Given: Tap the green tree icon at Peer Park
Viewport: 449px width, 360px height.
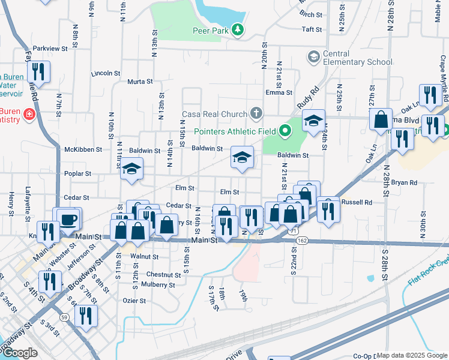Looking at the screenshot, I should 238,29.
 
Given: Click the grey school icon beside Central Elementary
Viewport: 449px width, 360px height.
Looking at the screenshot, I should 313,57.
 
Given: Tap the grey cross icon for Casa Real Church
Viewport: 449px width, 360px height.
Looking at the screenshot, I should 256,113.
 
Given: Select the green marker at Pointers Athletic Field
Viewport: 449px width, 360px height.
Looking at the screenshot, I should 286,130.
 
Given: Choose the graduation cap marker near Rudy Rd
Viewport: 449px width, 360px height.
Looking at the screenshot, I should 313,121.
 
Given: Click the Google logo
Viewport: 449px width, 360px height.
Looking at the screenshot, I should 20,353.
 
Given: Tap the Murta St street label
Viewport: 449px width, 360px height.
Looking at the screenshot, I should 140,82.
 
